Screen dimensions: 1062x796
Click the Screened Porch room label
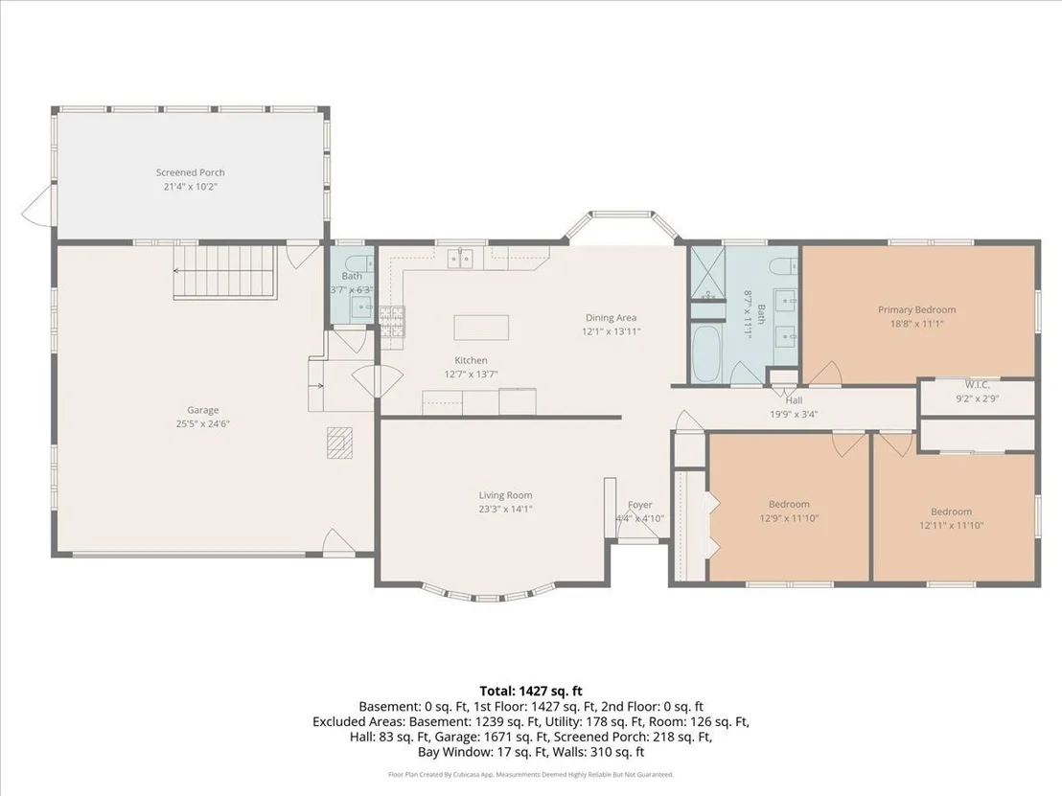pos(191,172)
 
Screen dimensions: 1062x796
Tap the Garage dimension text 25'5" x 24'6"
pos(202,424)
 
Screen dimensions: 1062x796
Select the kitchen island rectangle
pos(481,328)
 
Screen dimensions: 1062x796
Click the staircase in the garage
pos(225,271)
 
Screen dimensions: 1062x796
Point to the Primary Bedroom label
pos(917,310)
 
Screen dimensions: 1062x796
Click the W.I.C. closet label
pos(978,385)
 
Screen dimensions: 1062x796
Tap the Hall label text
pos(794,400)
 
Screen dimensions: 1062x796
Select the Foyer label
pos(640,505)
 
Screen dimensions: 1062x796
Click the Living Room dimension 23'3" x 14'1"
pos(505,509)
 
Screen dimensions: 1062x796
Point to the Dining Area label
pos(611,317)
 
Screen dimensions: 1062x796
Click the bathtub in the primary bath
pos(705,353)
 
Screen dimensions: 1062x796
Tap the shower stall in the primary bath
pos(707,273)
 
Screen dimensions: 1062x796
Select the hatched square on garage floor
pos(339,443)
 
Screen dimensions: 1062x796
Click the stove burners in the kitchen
pos(392,322)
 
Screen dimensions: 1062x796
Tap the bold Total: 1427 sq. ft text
pos(531,691)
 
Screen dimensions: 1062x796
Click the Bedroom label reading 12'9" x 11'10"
pos(789,512)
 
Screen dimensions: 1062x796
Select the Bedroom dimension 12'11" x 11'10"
pos(951,525)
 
